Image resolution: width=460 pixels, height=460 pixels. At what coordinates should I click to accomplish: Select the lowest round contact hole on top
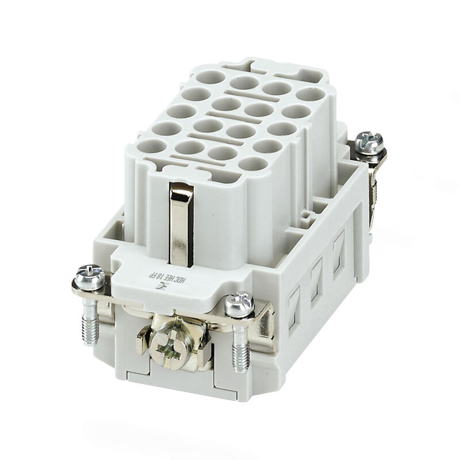click(x=254, y=163)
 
